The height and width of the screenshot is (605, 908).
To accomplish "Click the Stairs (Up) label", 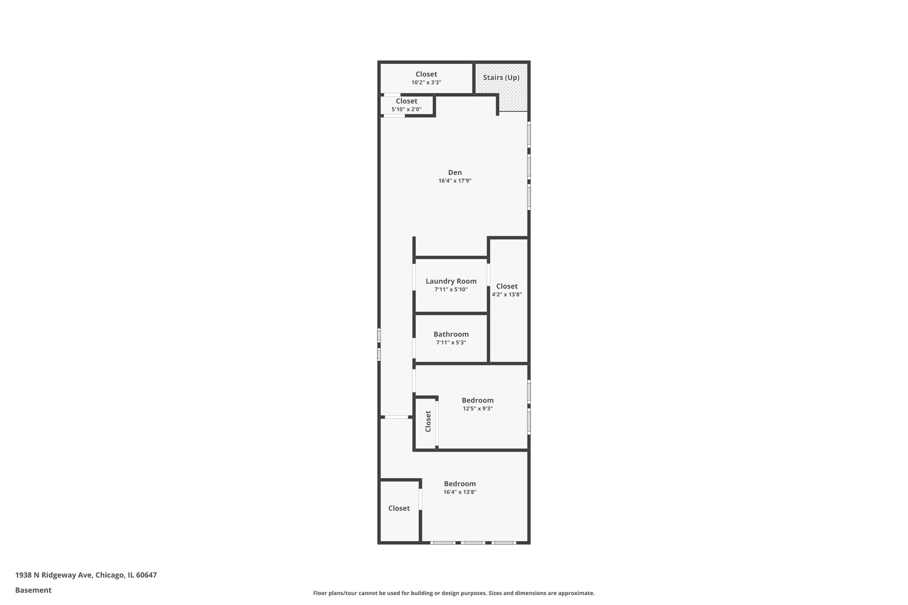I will [501, 78].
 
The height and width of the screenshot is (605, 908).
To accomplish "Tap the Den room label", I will [455, 172].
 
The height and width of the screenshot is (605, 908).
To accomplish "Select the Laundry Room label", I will [451, 281].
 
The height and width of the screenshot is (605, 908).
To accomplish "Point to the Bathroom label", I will [451, 334].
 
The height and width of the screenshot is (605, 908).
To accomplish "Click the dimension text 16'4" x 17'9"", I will [455, 181].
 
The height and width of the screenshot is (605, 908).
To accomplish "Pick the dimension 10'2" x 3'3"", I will [426, 82].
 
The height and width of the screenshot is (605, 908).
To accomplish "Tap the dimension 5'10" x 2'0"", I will [406, 109].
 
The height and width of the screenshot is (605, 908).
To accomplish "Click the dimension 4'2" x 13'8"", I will [507, 294].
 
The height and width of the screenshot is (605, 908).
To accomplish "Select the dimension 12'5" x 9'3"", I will [477, 409].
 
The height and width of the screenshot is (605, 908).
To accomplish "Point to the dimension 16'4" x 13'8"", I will [460, 492].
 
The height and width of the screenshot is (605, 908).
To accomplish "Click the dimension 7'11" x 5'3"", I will [451, 343].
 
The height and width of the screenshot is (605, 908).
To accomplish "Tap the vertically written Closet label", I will [428, 421].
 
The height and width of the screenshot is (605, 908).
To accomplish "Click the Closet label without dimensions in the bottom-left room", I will [399, 508].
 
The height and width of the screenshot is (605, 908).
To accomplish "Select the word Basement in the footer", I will [33, 590].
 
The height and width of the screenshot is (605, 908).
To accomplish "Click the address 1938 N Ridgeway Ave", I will [54, 575].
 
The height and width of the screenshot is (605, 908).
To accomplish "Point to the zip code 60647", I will [146, 575].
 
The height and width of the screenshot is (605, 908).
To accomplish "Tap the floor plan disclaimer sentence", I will [454, 593].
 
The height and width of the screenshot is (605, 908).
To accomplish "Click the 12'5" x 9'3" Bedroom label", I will [477, 400].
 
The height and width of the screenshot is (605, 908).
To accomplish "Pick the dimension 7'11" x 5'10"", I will [451, 289].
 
